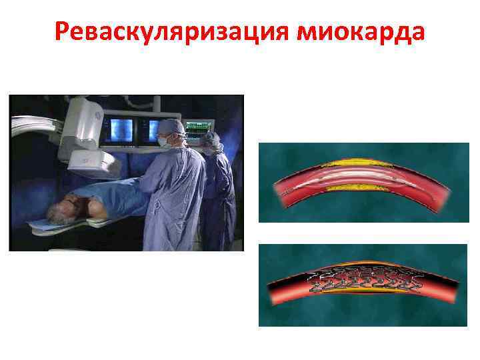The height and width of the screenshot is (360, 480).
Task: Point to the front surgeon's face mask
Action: [165, 141]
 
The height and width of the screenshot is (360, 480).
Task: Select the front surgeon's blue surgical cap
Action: [172, 127]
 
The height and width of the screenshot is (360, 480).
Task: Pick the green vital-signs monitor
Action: [198, 128]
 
